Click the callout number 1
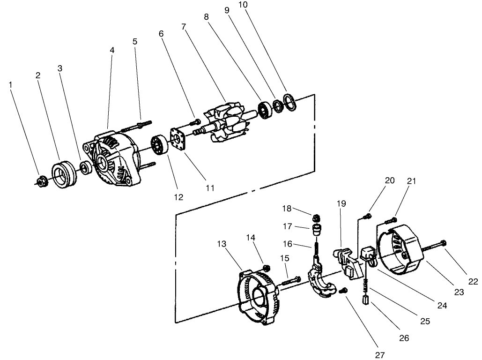point(10,84)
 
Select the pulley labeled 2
point(62,174)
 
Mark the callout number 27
point(380,355)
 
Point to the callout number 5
point(135,41)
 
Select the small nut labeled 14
point(267,268)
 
